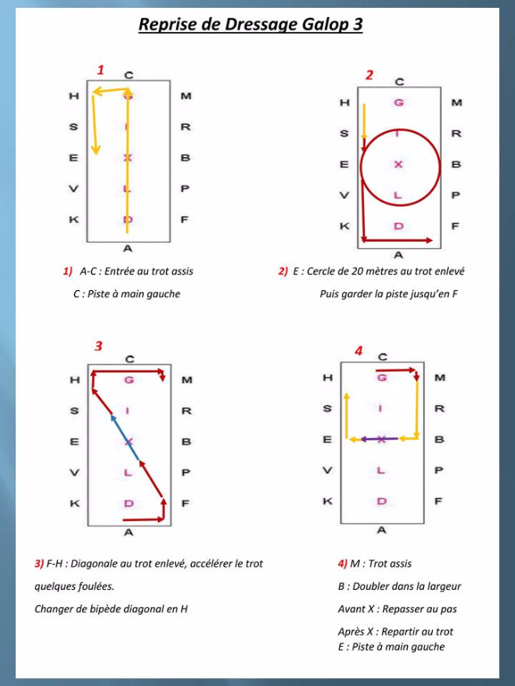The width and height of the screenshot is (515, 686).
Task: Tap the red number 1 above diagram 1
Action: pos(101,70)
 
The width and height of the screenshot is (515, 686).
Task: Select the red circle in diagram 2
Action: pos(400,167)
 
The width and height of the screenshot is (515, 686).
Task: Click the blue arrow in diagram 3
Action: pos(125,437)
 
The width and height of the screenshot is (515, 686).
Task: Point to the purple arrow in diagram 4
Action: pos(380,439)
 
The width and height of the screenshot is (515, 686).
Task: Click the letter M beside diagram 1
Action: pos(185,95)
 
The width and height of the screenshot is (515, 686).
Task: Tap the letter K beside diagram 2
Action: pos(344,226)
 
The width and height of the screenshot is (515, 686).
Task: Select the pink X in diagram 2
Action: pos(398,164)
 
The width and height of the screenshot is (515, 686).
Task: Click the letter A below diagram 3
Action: pos(128,533)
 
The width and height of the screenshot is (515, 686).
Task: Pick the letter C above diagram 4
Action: pos(382,357)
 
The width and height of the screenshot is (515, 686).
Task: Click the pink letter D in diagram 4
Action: pos(382,501)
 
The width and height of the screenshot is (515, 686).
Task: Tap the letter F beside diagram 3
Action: pos(185,504)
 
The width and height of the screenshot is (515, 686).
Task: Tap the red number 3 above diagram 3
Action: pos(99,346)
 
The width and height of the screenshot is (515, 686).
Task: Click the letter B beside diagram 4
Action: pos(439,440)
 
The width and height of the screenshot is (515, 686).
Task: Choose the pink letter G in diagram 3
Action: pos(128,379)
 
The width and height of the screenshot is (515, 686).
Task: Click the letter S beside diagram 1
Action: pos(74,127)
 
